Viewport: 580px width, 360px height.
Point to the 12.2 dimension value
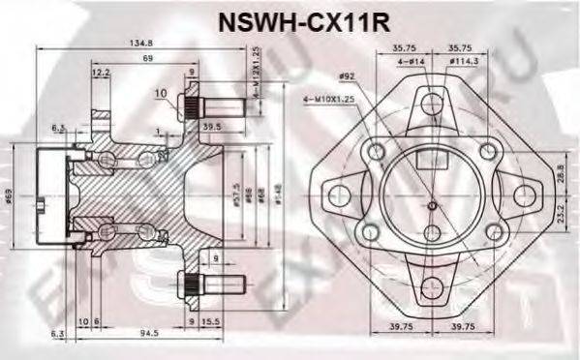(101, 72)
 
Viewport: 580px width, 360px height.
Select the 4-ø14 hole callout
(411, 61)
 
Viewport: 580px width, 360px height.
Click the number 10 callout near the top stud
(161, 94)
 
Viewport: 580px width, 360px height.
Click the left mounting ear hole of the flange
(337, 195)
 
